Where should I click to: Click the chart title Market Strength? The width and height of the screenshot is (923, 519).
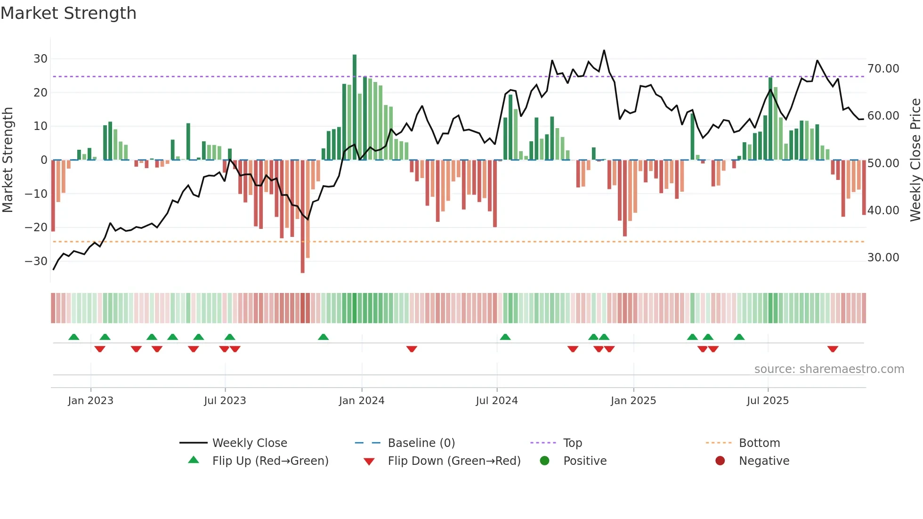pyautogui.click(x=68, y=13)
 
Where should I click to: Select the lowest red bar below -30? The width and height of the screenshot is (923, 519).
pyautogui.click(x=302, y=217)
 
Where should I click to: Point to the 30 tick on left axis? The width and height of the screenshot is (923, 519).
pyautogui.click(x=40, y=59)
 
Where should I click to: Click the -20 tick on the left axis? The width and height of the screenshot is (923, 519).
pyautogui.click(x=36, y=227)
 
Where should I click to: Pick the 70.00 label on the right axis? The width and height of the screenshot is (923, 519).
pyautogui.click(x=883, y=69)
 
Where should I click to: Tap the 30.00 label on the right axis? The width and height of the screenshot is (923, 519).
pyautogui.click(x=883, y=258)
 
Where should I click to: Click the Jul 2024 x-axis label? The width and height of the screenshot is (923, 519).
pyautogui.click(x=496, y=401)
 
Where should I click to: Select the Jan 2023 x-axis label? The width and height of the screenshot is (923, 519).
pyautogui.click(x=90, y=401)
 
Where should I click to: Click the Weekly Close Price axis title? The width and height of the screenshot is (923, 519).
pyautogui.click(x=915, y=160)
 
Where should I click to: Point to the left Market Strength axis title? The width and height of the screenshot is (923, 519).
pyautogui.click(x=8, y=160)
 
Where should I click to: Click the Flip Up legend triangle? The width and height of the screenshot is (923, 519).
pyautogui.click(x=194, y=460)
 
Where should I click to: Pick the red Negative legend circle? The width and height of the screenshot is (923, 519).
pyautogui.click(x=720, y=461)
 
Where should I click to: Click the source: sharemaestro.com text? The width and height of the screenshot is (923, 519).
pyautogui.click(x=829, y=369)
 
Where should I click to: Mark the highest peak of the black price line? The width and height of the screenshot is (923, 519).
pyautogui.click(x=604, y=50)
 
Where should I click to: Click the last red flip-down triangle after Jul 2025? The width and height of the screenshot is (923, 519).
pyautogui.click(x=833, y=349)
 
